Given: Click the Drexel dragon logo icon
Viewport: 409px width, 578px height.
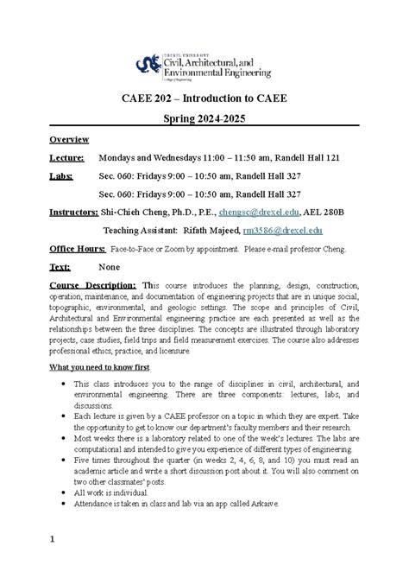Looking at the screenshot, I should click(x=148, y=64).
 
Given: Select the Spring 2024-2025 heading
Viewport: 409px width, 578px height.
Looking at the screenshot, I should click(x=204, y=117).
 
